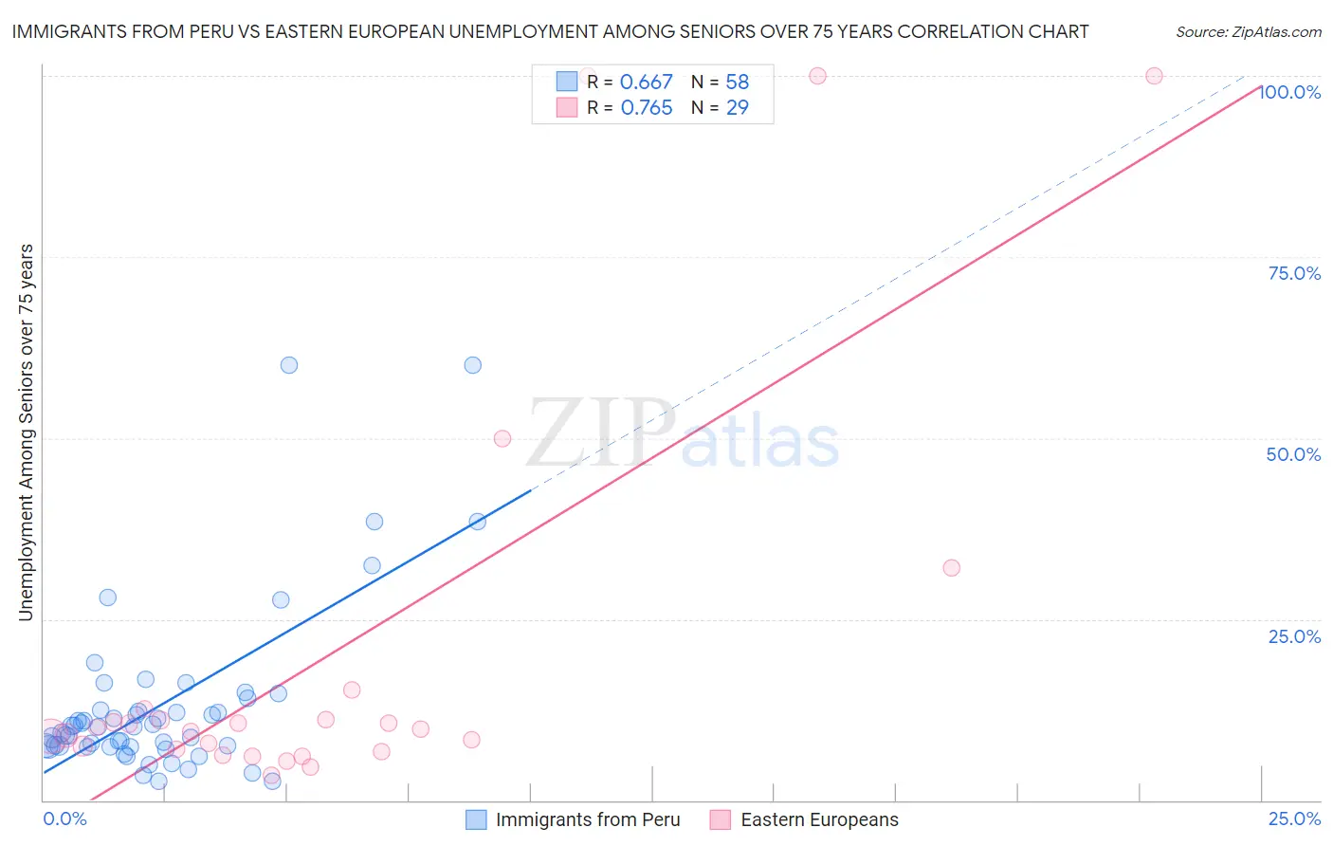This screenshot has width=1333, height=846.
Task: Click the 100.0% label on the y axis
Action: pos(1289,92)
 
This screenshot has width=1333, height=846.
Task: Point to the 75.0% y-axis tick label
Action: pos(1294,273)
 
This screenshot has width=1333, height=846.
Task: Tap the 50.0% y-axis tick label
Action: pos(1293,454)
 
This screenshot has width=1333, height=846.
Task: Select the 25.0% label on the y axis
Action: pos(1294,635)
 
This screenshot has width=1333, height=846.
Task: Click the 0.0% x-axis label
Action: pos(64,818)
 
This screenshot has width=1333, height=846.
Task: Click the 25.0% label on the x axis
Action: pos(1294,818)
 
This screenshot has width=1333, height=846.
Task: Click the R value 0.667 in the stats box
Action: pos(646,83)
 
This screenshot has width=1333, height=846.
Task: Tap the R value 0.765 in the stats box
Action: pos(647,108)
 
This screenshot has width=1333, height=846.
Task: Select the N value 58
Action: pos(738,83)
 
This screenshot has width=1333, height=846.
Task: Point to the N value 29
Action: pos(738,108)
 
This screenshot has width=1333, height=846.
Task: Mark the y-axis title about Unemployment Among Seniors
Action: pos(26,432)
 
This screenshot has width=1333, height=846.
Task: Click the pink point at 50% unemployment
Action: pos(502,438)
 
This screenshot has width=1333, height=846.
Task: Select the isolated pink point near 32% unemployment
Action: pos(951,568)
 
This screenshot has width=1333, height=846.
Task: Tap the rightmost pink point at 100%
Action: pos(1154,76)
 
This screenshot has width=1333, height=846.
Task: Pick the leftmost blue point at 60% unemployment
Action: pos(289,365)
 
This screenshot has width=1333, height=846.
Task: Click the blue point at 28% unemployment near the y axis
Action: pos(108,598)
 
